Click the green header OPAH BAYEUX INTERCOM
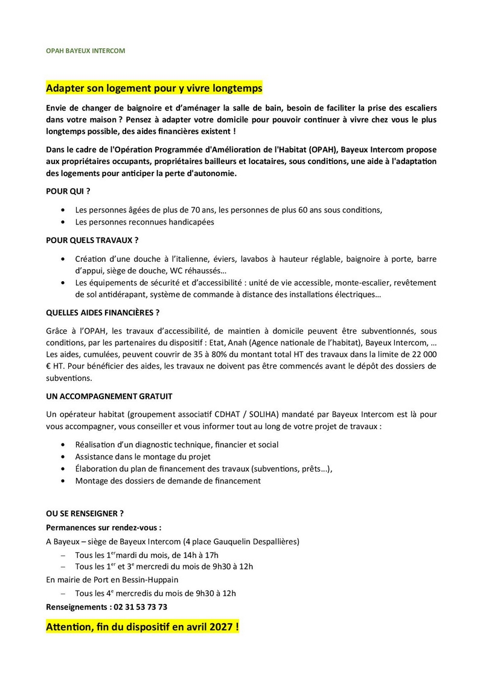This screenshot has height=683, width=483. click(86, 51)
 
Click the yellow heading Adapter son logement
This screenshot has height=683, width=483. click(155, 89)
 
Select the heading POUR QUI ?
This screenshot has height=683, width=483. click(68, 191)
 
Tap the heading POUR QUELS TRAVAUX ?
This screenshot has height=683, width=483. click(92, 240)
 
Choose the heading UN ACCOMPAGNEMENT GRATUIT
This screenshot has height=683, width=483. click(109, 396)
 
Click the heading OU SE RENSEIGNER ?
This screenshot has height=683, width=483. click(85, 514)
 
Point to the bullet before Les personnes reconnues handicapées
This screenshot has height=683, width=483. click(64, 222)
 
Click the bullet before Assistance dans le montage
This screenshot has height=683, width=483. click(64, 457)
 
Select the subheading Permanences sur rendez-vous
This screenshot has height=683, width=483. click(104, 527)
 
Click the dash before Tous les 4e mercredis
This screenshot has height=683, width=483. click(63, 594)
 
